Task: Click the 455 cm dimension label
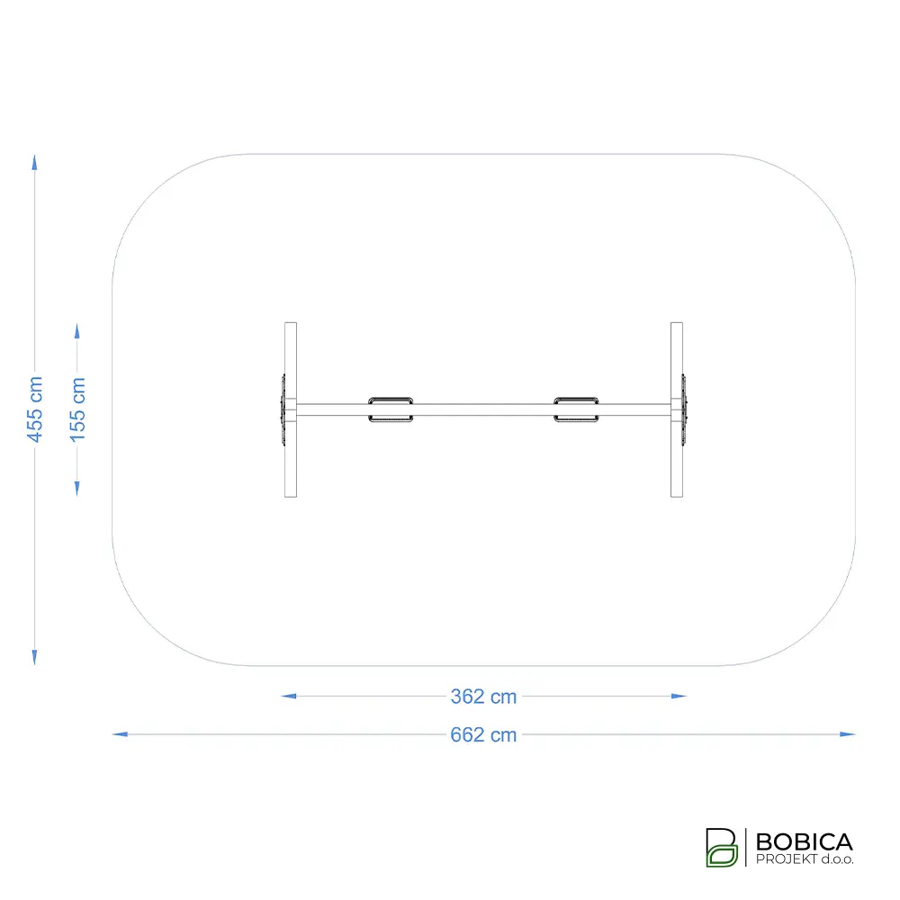pos(35,409)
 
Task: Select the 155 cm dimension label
pos(77,409)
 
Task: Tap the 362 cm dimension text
pos(483,697)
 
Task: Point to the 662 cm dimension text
pos(483,734)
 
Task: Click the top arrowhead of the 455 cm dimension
pos(34,162)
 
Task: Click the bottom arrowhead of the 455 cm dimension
pos(34,657)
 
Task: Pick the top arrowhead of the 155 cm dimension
pos(76,331)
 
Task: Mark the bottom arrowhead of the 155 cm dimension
pos(76,488)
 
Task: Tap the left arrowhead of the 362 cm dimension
pos(289,697)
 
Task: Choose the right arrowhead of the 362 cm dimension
pos(679,697)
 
